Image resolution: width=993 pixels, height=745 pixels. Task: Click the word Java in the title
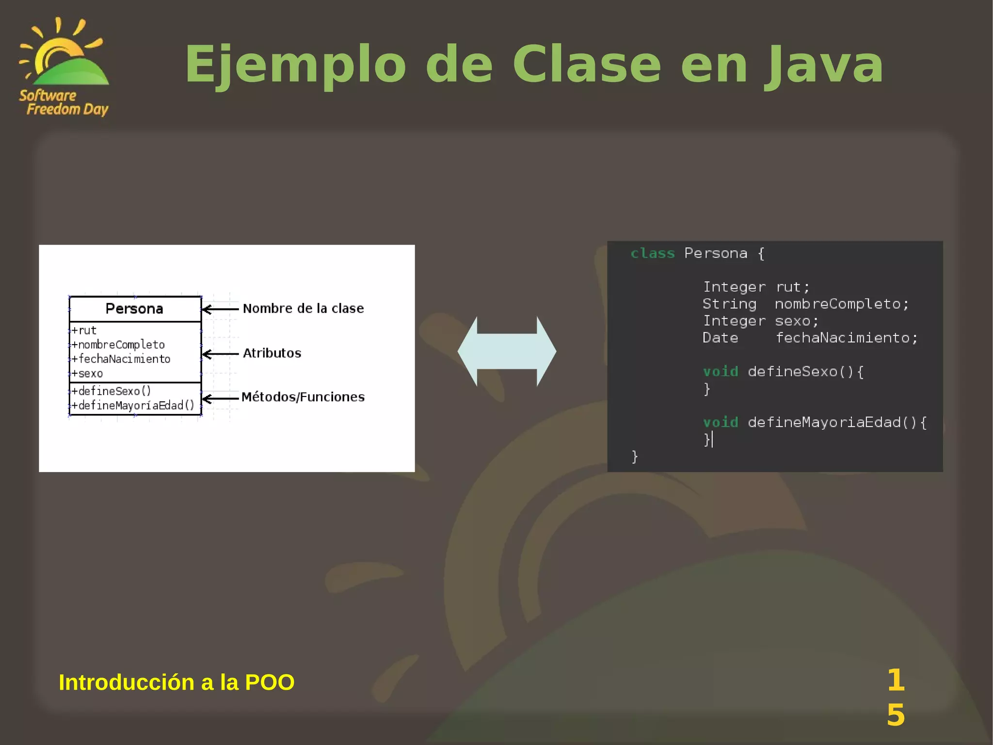[824, 65]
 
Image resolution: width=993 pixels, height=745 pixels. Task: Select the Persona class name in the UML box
[134, 309]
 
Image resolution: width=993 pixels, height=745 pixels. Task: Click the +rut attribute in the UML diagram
[84, 331]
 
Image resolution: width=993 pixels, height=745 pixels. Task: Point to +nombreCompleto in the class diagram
[118, 345]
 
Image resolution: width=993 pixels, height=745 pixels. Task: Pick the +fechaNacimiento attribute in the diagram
[121, 359]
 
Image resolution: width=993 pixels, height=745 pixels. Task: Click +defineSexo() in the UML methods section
[112, 391]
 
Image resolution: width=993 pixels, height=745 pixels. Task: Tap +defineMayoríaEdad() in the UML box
[133, 405]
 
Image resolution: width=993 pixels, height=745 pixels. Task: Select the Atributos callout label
[272, 353]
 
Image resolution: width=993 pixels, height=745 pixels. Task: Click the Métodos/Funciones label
[303, 397]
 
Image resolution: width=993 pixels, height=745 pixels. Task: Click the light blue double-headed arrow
[507, 351]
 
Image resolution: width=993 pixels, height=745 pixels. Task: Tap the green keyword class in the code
[653, 253]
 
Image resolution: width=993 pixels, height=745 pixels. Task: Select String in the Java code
[729, 304]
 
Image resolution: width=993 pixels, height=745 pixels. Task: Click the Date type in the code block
[721, 338]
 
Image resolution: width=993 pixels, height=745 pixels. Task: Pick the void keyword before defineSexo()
[721, 372]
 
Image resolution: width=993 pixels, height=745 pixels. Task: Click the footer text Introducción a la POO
[176, 682]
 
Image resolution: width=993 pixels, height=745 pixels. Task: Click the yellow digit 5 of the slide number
[896, 715]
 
